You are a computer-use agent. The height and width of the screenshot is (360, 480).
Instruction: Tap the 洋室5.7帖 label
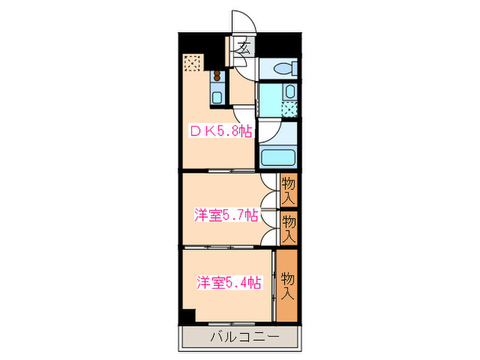(226, 215)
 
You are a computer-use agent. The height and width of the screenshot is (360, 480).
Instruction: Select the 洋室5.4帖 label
(229, 283)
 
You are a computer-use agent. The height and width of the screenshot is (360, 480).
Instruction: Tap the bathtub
(278, 156)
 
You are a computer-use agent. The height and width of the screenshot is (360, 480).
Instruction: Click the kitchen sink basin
(217, 97)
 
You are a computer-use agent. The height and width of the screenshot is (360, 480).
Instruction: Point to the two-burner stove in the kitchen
(217, 77)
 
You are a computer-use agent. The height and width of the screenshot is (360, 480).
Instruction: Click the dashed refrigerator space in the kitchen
(193, 63)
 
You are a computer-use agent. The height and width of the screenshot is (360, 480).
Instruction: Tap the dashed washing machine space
(290, 108)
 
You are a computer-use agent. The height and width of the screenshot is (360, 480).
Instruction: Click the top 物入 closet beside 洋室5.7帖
(289, 190)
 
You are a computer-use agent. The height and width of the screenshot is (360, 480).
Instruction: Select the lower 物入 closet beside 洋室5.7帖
(289, 228)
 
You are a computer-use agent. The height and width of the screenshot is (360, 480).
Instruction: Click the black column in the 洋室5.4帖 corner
(188, 316)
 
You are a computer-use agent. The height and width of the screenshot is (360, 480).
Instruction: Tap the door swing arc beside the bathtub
(269, 134)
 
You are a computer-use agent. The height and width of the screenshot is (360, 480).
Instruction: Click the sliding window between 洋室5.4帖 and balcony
(230, 322)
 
